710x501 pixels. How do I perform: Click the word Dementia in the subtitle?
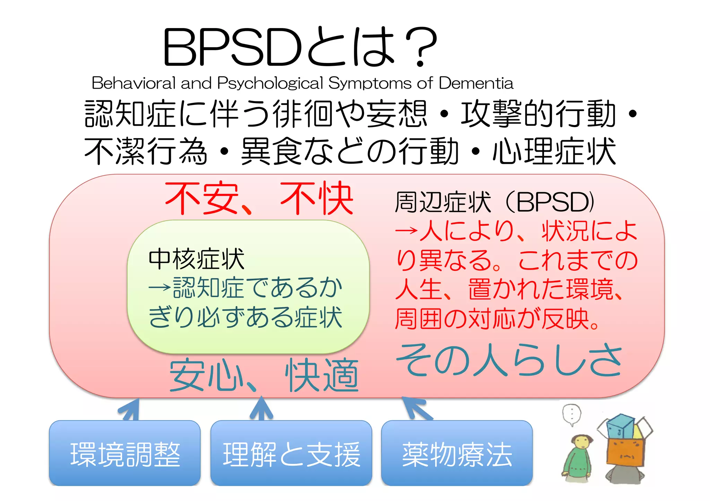point(476,83)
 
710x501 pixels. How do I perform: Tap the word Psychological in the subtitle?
point(270,83)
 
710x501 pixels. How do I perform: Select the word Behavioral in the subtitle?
point(133,83)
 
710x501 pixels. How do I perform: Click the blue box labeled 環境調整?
point(125,453)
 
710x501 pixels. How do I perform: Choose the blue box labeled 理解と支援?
point(291,453)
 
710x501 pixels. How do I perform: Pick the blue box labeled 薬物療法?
point(457,453)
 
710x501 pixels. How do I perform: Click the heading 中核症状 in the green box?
point(197,259)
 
